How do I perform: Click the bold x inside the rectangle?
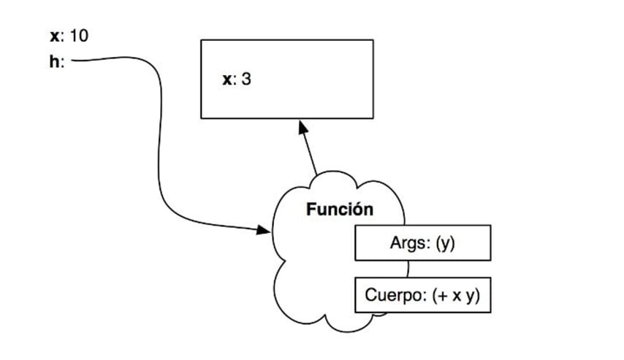tap(227, 79)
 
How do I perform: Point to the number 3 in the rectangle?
tap(246, 79)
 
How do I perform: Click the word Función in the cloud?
tap(339, 210)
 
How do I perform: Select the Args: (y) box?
tap(422, 243)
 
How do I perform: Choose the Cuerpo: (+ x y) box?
tap(422, 294)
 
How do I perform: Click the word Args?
tap(406, 243)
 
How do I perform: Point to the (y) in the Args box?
tap(444, 243)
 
